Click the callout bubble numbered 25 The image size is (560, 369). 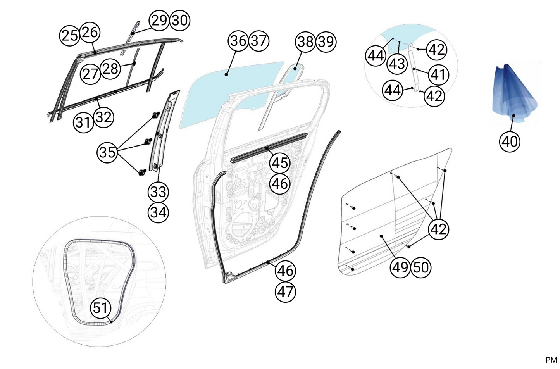[70, 35]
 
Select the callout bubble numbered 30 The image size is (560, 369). [179, 20]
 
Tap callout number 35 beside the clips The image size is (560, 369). [107, 152]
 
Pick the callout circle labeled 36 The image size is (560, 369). [238, 40]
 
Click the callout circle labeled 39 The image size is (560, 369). [326, 41]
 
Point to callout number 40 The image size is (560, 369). [510, 141]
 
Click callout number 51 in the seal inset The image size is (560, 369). [100, 308]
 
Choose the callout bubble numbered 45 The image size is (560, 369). [280, 163]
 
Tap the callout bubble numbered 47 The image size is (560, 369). [285, 291]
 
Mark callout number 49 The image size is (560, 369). [400, 267]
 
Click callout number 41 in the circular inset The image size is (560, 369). [438, 74]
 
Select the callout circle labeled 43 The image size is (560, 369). [397, 64]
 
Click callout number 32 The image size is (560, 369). [103, 117]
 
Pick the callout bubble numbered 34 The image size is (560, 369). [158, 212]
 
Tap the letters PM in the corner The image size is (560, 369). [551, 360]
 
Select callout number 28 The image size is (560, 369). [110, 69]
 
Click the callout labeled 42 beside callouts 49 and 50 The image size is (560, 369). [438, 229]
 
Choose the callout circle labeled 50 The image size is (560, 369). [421, 267]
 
